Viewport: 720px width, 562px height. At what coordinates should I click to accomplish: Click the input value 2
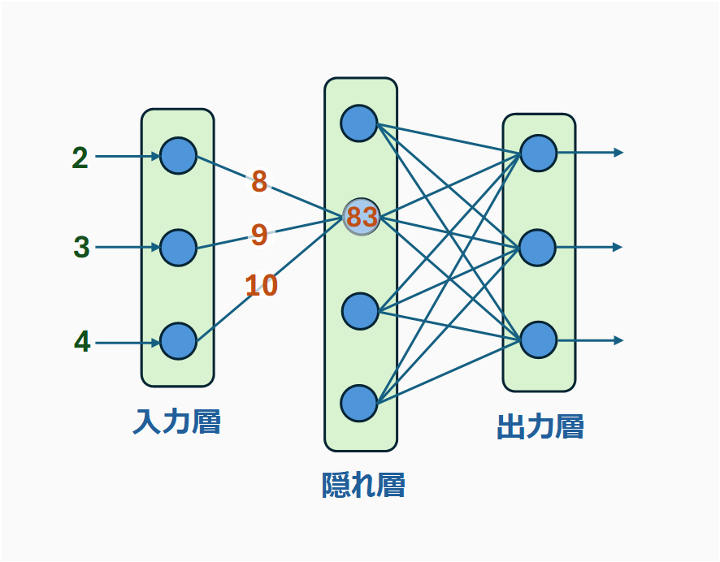coord(80,158)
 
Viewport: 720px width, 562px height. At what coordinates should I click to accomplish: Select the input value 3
coord(81,247)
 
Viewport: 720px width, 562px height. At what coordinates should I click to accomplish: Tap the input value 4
coord(82,342)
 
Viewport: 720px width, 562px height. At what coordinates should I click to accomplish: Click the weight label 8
coord(259,182)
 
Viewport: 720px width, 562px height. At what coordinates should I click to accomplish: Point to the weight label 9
coord(259,235)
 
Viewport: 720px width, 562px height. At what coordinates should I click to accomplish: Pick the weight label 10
coord(262,285)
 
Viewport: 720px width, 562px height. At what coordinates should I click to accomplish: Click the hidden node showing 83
coord(362,217)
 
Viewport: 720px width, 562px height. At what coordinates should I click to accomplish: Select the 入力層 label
coord(177,422)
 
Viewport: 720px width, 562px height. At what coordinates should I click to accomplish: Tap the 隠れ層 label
coord(363,485)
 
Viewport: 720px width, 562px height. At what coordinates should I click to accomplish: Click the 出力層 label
coord(540,427)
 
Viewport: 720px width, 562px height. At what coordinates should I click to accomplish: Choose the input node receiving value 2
coord(179,155)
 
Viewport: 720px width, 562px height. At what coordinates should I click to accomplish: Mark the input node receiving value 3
coord(179,248)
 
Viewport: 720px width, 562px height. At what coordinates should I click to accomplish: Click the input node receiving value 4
coord(179,341)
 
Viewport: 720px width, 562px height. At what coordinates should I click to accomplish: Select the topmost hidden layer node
coord(359,123)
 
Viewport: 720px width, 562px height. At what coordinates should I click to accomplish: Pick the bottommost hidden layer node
coord(359,403)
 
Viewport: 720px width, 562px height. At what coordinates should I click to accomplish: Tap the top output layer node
coord(538,153)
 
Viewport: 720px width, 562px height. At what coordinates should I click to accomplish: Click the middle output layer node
coord(538,247)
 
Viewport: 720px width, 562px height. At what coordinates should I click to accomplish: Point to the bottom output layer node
coord(538,339)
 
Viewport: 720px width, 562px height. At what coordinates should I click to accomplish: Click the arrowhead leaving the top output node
coord(618,153)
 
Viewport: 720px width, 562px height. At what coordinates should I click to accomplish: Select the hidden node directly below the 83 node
coord(360,310)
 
